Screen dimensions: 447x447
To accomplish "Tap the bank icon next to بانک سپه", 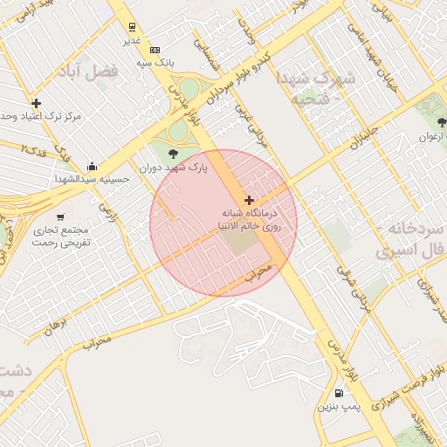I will tap(155, 50).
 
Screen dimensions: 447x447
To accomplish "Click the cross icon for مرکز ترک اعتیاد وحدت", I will tap(36, 103).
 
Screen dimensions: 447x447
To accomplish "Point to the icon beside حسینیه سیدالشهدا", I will tap(93, 166).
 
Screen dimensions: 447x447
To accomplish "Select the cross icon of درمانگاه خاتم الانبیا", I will tap(250, 200).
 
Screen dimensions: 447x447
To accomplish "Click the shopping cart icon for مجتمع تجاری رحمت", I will tap(60, 217).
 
